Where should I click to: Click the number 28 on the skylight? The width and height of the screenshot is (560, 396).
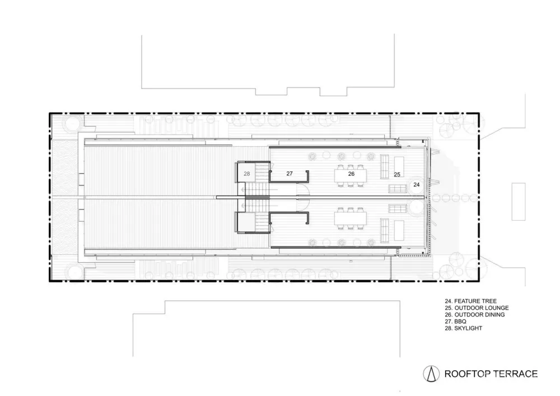[246, 174]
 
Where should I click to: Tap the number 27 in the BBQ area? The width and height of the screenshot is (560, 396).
[290, 174]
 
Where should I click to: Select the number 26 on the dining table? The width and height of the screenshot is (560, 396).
[351, 174]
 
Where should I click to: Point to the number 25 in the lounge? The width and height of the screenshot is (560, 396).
[396, 175]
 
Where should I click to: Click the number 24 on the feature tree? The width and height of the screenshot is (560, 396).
[417, 184]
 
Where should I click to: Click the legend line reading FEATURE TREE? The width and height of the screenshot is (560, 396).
[468, 301]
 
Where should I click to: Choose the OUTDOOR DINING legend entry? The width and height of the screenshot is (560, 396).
[474, 315]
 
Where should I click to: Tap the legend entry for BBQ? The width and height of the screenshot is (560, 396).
[453, 322]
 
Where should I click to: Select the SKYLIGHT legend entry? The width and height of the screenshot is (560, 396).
[462, 328]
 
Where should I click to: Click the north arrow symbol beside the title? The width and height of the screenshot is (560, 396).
[431, 374]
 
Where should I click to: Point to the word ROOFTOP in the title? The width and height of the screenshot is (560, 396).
[467, 374]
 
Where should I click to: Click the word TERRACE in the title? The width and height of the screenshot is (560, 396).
[516, 374]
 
